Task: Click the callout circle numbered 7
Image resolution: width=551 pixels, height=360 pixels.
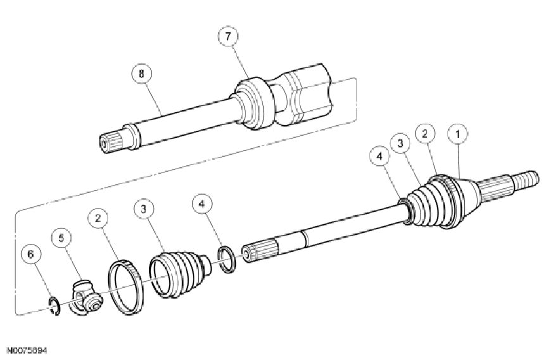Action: point(229,36)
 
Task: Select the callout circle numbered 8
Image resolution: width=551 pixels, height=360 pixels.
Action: point(141,74)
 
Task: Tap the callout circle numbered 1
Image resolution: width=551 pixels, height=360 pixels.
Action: point(457,134)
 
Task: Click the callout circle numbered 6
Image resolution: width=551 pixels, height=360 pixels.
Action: point(30,254)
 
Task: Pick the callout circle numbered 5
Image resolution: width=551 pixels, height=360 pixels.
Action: point(61,238)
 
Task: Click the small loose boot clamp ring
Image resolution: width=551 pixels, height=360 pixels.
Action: point(227,260)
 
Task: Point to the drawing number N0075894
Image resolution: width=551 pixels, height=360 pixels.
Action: point(27,350)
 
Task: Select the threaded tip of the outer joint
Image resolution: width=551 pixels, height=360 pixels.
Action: point(526,178)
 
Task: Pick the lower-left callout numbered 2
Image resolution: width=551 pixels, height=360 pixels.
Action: point(98,219)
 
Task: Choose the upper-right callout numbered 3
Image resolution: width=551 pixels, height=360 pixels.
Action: point(401,143)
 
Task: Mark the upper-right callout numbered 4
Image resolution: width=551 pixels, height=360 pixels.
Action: point(379,157)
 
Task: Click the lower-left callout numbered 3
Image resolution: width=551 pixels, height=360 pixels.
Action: point(144,209)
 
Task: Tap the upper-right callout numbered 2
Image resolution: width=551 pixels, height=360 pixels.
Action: point(425,134)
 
